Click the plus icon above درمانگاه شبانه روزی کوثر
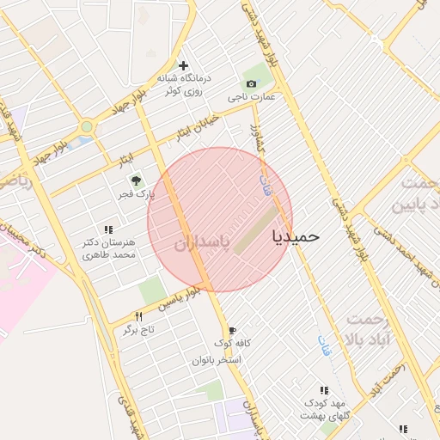[183, 65]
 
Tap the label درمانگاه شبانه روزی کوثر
[180, 84]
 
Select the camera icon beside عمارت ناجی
[251, 83]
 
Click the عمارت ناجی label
[251, 97]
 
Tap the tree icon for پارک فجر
[135, 180]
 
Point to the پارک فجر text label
[138, 194]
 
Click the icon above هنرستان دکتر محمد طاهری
[108, 229]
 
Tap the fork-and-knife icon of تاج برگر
[139, 317]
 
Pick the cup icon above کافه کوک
[232, 331]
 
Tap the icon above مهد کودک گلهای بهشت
[324, 390]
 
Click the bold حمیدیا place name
[296, 235]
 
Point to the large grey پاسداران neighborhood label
[202, 243]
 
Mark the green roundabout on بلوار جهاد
[86, 127]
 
